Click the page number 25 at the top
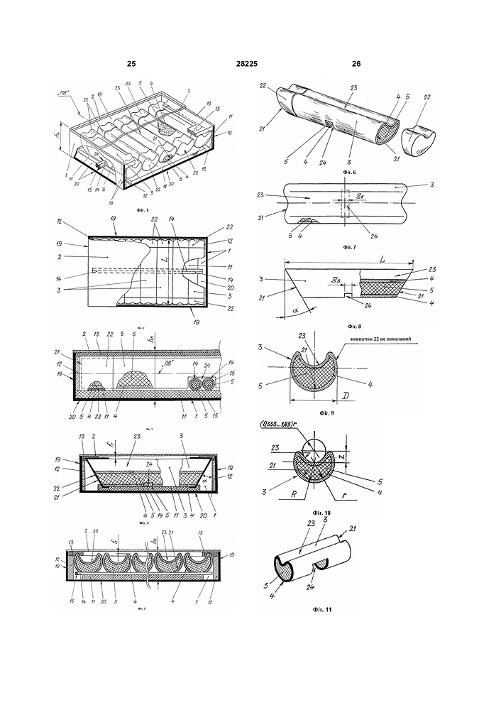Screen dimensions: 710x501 131,65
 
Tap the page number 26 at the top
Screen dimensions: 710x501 356,65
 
